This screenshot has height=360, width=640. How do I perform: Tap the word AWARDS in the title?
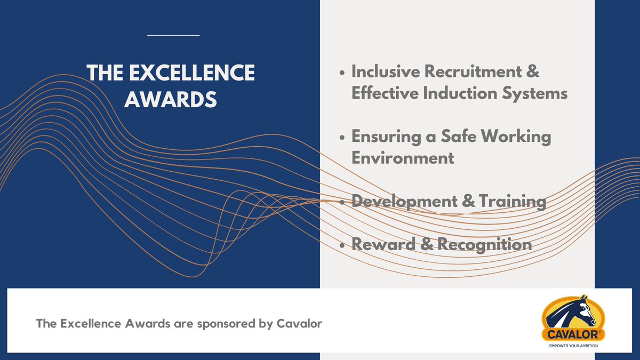point(170,99)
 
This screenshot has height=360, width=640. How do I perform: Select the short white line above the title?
point(173,35)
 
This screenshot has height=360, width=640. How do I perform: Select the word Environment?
point(403,158)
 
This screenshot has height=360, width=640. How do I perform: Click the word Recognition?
point(484,245)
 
